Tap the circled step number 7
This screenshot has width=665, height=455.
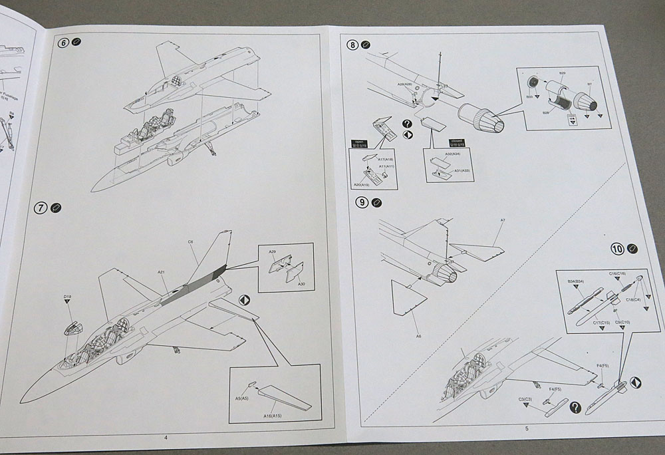click(41, 208)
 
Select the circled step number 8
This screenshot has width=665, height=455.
click(352, 45)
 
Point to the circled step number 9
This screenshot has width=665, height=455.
click(361, 203)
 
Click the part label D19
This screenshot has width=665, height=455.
click(67, 296)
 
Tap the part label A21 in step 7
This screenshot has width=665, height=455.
click(162, 272)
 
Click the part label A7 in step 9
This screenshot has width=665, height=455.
click(503, 220)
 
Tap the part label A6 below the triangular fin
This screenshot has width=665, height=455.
click(418, 336)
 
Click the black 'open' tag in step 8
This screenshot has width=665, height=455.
click(360, 142)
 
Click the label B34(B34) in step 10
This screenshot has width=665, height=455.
click(577, 282)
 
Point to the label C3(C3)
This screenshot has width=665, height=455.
click(526, 399)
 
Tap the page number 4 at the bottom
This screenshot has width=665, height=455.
click(166, 437)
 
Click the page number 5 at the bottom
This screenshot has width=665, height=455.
click(527, 428)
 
